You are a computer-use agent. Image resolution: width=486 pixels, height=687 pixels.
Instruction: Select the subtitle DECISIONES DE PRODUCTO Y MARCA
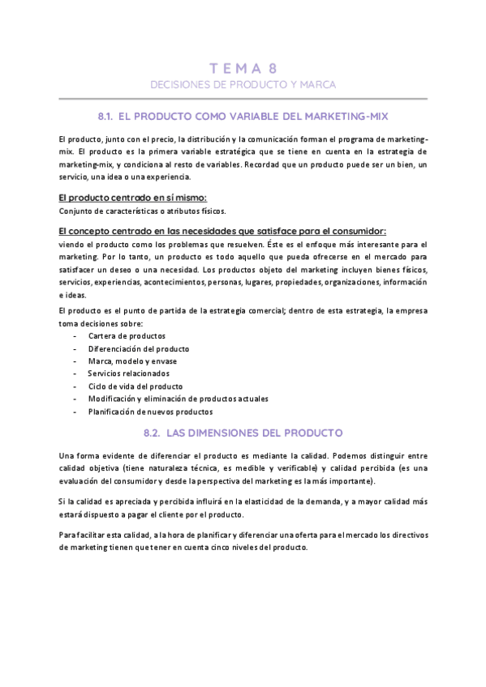(243, 84)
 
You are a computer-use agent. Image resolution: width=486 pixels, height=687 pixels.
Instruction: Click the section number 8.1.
(109, 117)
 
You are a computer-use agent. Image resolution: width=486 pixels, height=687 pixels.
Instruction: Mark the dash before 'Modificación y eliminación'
(75, 399)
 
